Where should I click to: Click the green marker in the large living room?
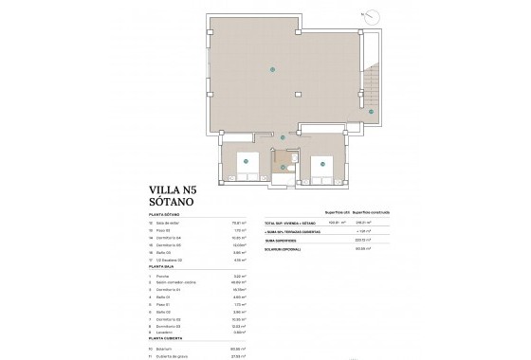(x=273, y=67)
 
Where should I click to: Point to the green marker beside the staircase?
(x=371, y=110)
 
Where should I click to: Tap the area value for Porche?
(x=239, y=276)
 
